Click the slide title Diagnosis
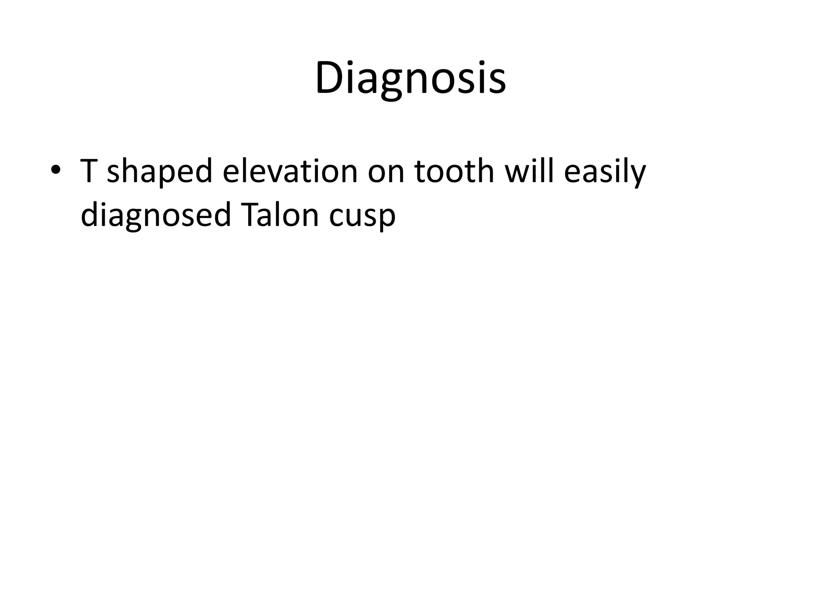click(x=410, y=78)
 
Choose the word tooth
click(x=454, y=170)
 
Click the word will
click(x=529, y=170)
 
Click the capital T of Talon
click(x=249, y=215)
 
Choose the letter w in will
click(x=518, y=173)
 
